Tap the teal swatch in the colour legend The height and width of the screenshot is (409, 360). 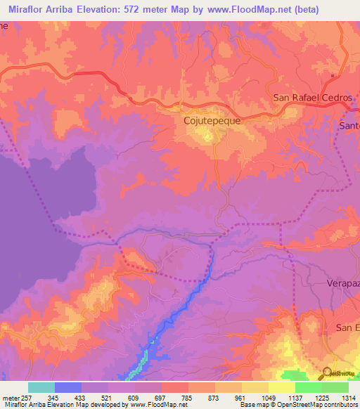(41, 387)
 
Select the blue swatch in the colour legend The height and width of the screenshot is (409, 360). (67, 387)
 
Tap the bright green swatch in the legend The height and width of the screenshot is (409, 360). (308, 387)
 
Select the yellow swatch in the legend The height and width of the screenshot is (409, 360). (281, 387)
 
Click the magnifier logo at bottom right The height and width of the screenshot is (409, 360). (327, 373)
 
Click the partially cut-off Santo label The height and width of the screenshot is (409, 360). (349, 126)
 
